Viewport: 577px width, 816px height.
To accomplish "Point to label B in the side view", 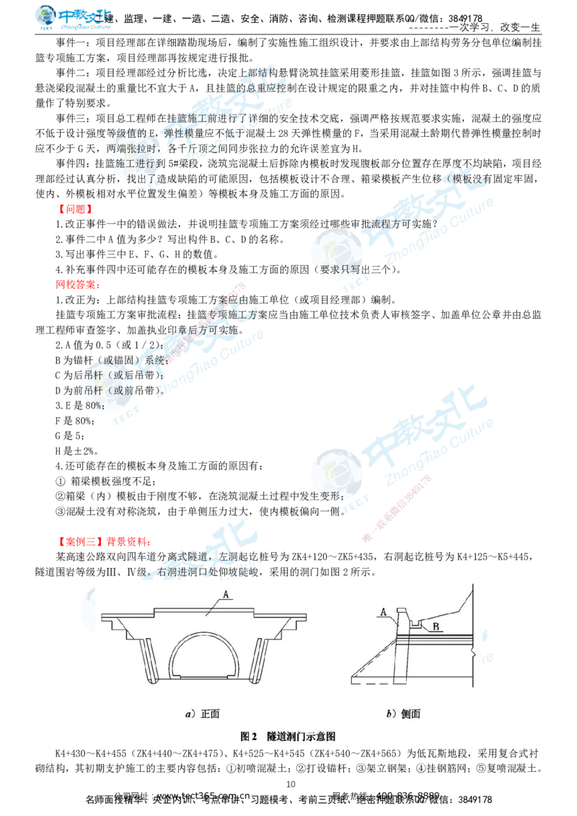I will pyautogui.click(x=436, y=626).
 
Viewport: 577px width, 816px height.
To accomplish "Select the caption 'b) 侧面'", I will pyautogui.click(x=403, y=714).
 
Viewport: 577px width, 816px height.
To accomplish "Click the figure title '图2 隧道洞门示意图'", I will pyautogui.click(x=288, y=736).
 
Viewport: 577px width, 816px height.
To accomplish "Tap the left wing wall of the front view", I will pyautogui.click(x=148, y=660).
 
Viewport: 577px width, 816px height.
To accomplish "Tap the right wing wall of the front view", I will pyautogui.click(x=260, y=660).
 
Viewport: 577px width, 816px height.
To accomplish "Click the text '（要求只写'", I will pyautogui.click(x=339, y=270).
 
